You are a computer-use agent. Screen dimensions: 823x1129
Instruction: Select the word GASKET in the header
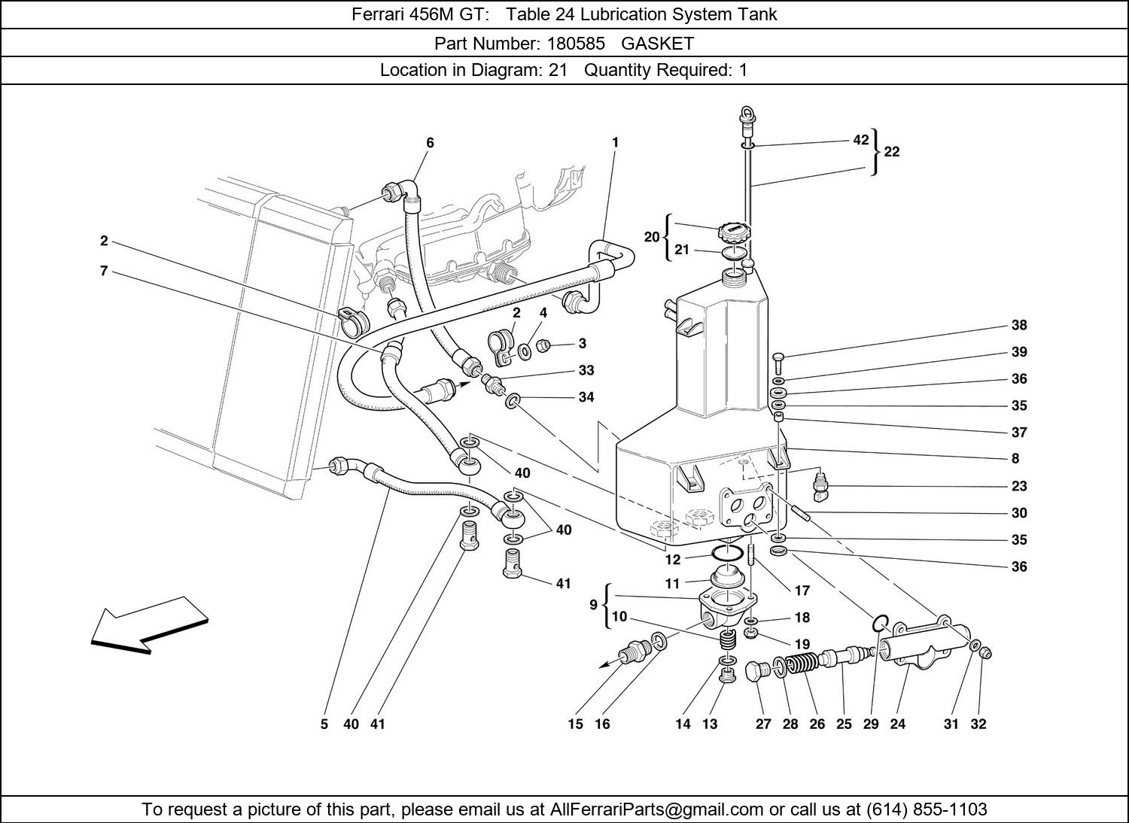(x=657, y=43)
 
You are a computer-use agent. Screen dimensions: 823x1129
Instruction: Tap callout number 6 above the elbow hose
(x=430, y=142)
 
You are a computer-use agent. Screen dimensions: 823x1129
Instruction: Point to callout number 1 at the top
(x=615, y=141)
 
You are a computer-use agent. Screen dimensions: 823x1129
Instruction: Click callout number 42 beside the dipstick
(x=861, y=140)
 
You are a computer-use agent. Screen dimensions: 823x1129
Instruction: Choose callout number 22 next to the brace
(x=892, y=152)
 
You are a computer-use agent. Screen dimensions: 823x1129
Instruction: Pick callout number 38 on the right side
(x=1018, y=326)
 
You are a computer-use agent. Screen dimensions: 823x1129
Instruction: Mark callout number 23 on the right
(x=1018, y=486)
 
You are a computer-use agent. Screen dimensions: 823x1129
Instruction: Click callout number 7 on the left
(x=104, y=271)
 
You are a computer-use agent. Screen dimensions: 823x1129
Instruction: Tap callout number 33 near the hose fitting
(x=586, y=370)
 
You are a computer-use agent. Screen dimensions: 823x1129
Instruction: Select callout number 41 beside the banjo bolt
(x=563, y=583)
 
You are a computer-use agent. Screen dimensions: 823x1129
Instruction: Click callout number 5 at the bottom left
(x=324, y=724)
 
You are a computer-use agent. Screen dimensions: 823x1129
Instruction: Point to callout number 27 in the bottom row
(x=763, y=724)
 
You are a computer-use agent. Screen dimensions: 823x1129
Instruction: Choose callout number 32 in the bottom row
(x=978, y=724)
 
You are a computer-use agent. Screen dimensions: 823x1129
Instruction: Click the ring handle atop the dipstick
(x=746, y=116)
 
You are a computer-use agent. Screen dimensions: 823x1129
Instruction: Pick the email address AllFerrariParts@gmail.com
(x=657, y=809)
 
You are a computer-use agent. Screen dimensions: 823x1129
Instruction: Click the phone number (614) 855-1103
(x=927, y=809)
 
